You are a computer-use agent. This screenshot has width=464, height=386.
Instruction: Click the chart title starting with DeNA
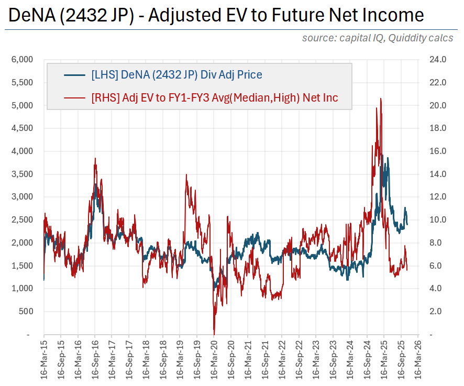(x=216, y=15)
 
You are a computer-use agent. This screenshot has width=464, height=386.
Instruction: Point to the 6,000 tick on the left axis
(x=23, y=60)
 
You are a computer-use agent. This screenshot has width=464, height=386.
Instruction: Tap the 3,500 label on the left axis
(x=23, y=174)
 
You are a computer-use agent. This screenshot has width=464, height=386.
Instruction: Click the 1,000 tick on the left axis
(x=23, y=289)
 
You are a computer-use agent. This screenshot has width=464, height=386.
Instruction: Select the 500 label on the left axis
(x=26, y=312)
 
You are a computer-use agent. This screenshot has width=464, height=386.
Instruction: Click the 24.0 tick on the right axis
(x=437, y=60)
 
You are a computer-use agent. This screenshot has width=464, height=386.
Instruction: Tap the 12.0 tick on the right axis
(x=437, y=197)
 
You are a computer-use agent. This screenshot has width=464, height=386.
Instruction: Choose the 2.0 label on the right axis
(x=438, y=312)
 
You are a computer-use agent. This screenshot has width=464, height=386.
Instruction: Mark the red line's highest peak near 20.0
(x=380, y=98)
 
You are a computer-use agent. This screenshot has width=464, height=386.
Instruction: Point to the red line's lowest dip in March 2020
(x=214, y=333)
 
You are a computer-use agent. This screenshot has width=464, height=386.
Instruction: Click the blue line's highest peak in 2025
(x=383, y=156)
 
